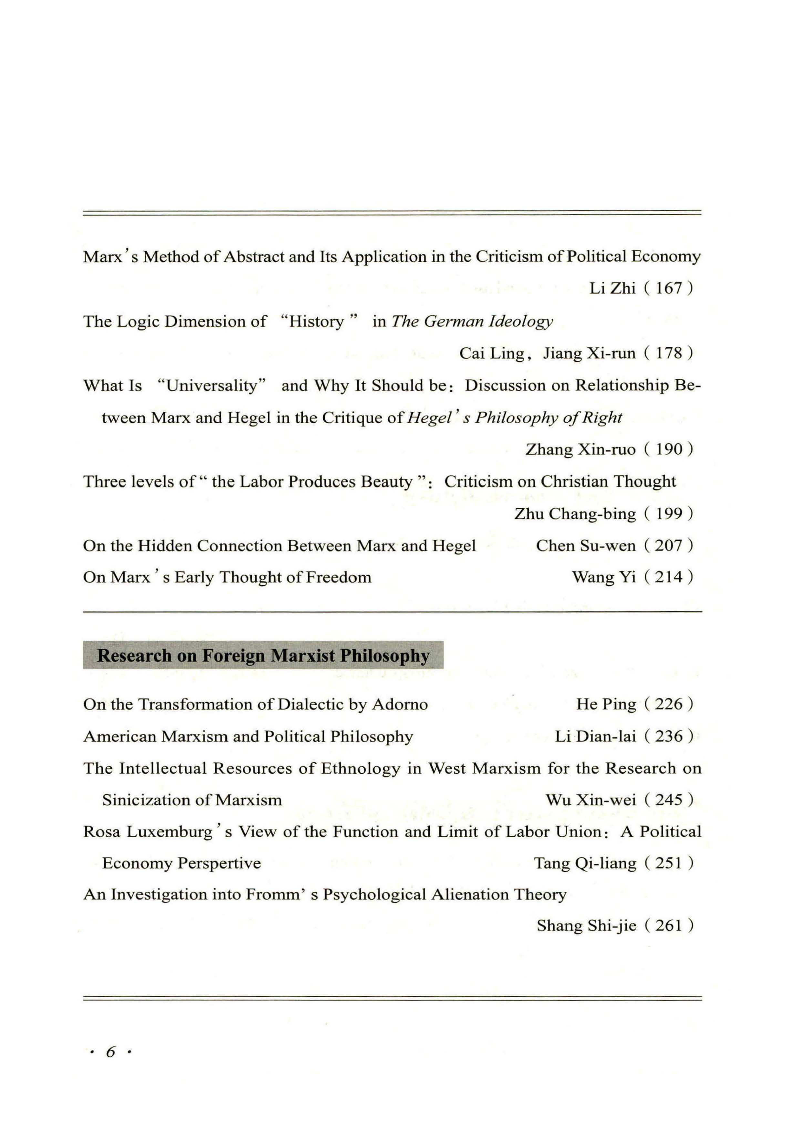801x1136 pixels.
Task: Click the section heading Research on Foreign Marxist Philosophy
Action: tap(263, 656)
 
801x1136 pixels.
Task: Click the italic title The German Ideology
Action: tap(472, 322)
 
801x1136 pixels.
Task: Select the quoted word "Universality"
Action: tap(212, 386)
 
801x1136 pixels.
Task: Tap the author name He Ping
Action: tap(606, 704)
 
